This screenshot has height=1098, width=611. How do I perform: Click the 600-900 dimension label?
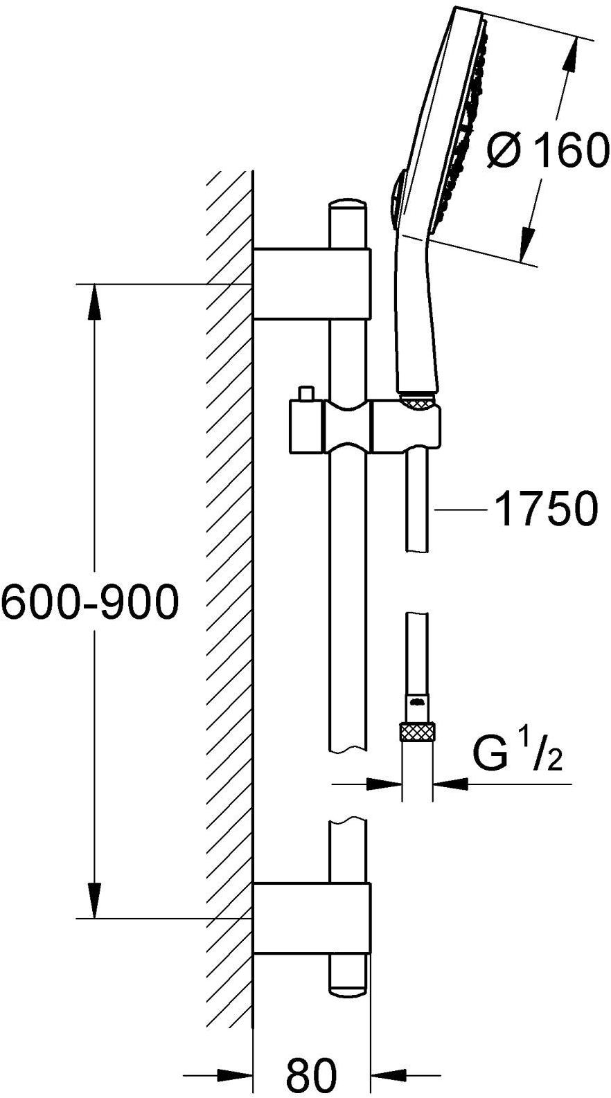(89, 601)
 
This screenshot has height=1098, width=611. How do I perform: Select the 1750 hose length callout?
(547, 510)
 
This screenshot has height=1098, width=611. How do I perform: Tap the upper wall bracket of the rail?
(312, 284)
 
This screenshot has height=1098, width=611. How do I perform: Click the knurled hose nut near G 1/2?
(418, 733)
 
